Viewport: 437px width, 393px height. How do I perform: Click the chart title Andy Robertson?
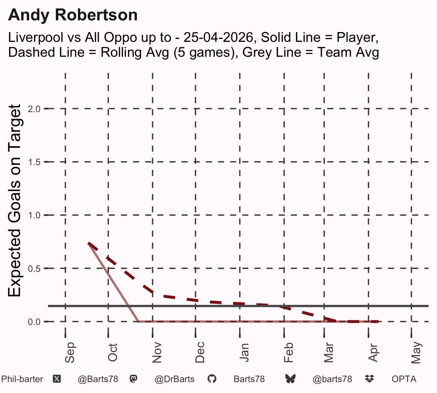click(73, 15)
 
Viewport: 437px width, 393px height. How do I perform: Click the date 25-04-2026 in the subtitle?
click(218, 37)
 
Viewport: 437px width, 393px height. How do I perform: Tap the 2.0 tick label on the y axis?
click(34, 109)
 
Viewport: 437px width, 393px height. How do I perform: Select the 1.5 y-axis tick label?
click(34, 162)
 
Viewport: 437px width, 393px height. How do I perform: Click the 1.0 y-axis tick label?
click(34, 215)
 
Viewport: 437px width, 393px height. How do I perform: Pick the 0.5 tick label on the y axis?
click(34, 269)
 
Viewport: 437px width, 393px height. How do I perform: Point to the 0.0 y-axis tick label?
click(34, 322)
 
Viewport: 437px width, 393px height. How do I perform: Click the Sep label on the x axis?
click(70, 353)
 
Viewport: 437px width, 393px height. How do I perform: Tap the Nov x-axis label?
click(157, 353)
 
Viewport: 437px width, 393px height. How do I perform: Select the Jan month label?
click(244, 353)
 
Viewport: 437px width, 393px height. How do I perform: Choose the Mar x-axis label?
click(328, 353)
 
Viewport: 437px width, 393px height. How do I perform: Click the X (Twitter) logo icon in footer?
click(57, 379)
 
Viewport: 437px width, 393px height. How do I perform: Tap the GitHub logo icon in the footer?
click(212, 379)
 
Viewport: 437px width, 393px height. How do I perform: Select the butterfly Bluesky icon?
click(290, 379)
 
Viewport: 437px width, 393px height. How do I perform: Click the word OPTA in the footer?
click(404, 379)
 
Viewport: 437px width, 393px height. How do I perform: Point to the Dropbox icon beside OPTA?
click(369, 379)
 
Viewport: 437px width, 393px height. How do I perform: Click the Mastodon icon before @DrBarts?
click(133, 379)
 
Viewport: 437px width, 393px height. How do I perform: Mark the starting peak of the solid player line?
click(88, 243)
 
